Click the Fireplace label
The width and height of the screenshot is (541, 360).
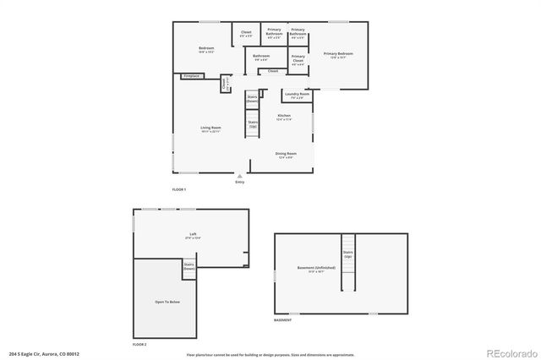pyautogui.click(x=191, y=76)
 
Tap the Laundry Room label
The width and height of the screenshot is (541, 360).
pyautogui.click(x=297, y=95)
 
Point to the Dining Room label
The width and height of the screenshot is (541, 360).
pyautogui.click(x=285, y=155)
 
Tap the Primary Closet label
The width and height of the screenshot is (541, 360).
pyautogui.click(x=298, y=60)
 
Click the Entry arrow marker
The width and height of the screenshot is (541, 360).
pyautogui.click(x=239, y=176)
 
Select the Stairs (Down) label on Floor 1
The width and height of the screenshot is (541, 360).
pyautogui.click(x=252, y=98)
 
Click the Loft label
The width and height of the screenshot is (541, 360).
pyautogui.click(x=194, y=237)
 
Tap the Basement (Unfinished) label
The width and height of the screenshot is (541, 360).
pyautogui.click(x=316, y=269)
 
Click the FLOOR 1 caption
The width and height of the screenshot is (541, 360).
pyautogui.click(x=178, y=188)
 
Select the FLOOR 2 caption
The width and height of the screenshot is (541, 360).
pyautogui.click(x=139, y=345)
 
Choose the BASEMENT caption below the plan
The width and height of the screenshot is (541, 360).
pyautogui.click(x=283, y=320)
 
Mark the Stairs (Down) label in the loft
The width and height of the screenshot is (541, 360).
pyautogui.click(x=189, y=265)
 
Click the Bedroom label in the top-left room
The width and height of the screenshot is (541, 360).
pyautogui.click(x=206, y=49)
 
